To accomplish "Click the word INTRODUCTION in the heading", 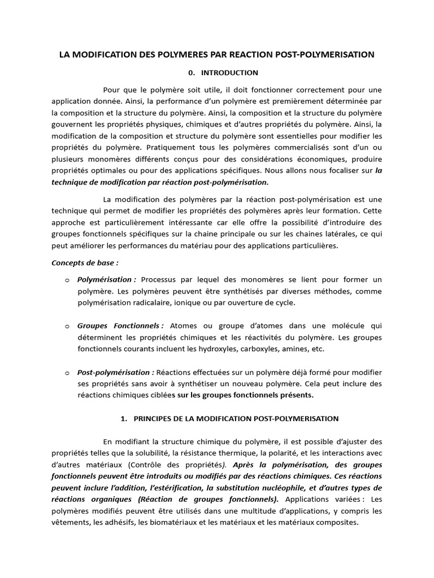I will click(230, 73).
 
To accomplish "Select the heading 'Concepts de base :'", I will click(85, 262).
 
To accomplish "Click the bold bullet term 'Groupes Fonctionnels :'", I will click(120, 326).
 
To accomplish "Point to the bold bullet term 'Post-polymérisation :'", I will click(116, 373).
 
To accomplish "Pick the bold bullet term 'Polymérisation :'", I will click(107, 279).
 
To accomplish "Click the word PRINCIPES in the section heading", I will click(153, 419).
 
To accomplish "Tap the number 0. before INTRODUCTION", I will click(191, 73).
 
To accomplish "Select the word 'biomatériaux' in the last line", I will click(184, 522).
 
